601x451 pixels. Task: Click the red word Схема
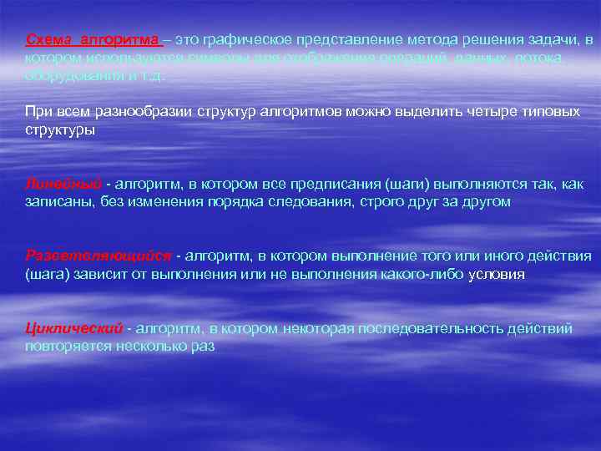pyautogui.click(x=48, y=40)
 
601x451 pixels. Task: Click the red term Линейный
pyautogui.click(x=63, y=184)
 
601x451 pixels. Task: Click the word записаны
pyautogui.click(x=58, y=201)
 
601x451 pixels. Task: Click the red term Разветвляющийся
pyautogui.click(x=98, y=255)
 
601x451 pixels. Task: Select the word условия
pyautogui.click(x=497, y=273)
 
